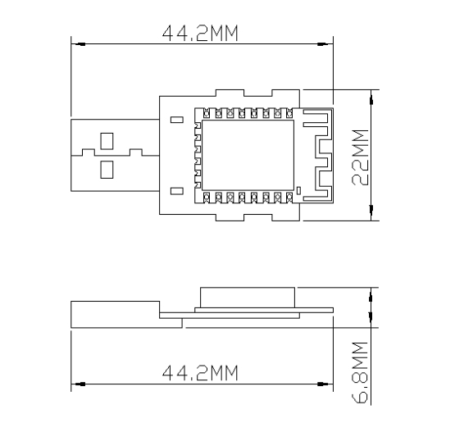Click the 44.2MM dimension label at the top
coord(200,33)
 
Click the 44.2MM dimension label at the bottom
coord(200,373)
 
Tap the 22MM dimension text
coord(360,157)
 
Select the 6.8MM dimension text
coord(360,373)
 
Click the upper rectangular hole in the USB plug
coord(107,141)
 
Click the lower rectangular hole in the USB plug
coord(107,170)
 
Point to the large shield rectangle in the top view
coord(248,155)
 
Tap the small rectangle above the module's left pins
coord(177,120)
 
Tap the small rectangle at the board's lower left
coord(177,191)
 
